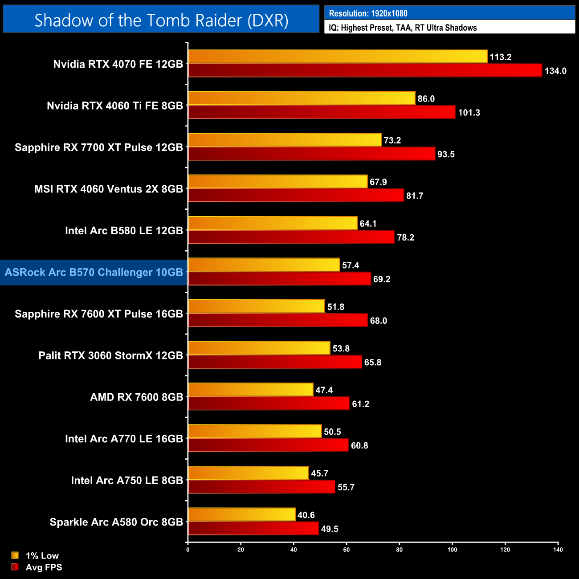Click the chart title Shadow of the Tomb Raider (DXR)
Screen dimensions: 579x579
161,20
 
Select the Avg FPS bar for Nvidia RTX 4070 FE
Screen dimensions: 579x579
365,70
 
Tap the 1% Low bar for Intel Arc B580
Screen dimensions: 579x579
273,223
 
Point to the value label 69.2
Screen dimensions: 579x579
382,279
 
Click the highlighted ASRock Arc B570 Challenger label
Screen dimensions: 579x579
94,272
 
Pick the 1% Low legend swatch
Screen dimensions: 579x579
15,555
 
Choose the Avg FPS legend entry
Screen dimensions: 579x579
44,567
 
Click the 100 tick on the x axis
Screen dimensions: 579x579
452,550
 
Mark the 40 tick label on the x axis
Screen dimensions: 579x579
294,550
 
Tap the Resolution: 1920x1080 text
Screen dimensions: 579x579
368,13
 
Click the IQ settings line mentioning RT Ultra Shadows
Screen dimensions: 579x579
403,28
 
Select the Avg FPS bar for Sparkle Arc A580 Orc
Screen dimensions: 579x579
253,529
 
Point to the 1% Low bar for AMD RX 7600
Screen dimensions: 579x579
251,390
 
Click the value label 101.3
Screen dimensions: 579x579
469,113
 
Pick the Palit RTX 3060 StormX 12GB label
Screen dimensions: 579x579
111,355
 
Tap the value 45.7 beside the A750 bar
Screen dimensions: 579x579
319,473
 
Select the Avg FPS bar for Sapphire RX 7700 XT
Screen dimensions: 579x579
311,154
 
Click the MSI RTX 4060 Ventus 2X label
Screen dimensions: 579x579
109,189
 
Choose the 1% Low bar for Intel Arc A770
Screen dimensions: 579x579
255,431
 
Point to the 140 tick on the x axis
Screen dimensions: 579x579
558,550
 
